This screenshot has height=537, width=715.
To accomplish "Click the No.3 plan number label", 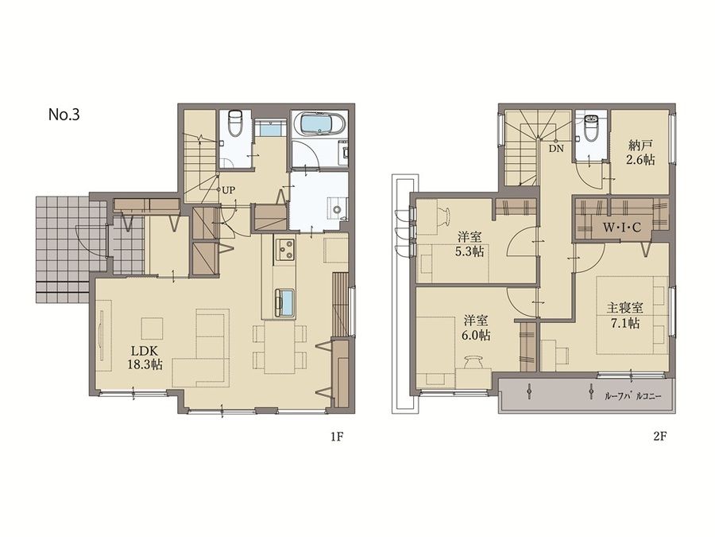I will [64, 115].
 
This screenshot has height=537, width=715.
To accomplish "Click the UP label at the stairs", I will [228, 190].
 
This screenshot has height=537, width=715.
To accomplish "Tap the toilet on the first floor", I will [236, 123].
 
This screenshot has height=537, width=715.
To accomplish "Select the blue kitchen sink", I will [285, 301].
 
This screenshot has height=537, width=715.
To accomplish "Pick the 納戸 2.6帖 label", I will [641, 153].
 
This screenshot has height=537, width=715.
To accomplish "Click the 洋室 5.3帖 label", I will [471, 244].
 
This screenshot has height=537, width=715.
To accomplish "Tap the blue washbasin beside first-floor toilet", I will [271, 129].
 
